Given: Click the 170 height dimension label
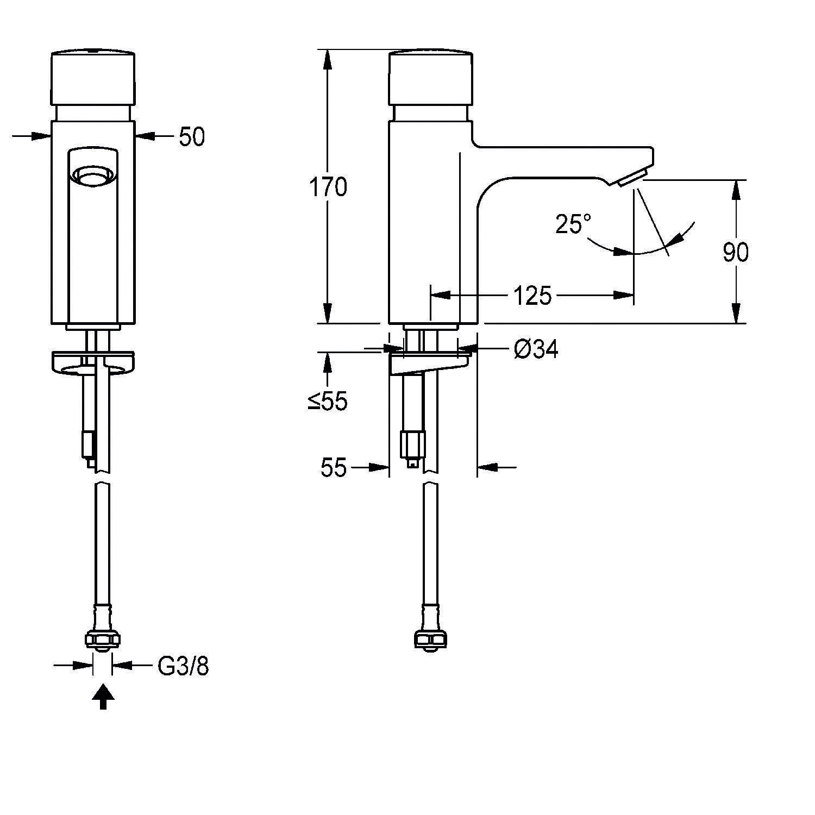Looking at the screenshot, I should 328,187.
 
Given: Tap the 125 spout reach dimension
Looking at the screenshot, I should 532,296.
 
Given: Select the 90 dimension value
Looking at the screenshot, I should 736,252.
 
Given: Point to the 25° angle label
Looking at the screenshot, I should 573,223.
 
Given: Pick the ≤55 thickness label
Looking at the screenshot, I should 328,402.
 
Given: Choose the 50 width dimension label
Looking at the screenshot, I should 192,137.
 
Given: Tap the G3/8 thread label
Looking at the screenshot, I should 183,666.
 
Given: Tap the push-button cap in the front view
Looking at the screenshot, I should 93,77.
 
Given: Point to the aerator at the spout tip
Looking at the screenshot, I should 631,178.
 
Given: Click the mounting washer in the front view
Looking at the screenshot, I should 93,362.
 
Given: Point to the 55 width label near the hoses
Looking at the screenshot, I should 333,467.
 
